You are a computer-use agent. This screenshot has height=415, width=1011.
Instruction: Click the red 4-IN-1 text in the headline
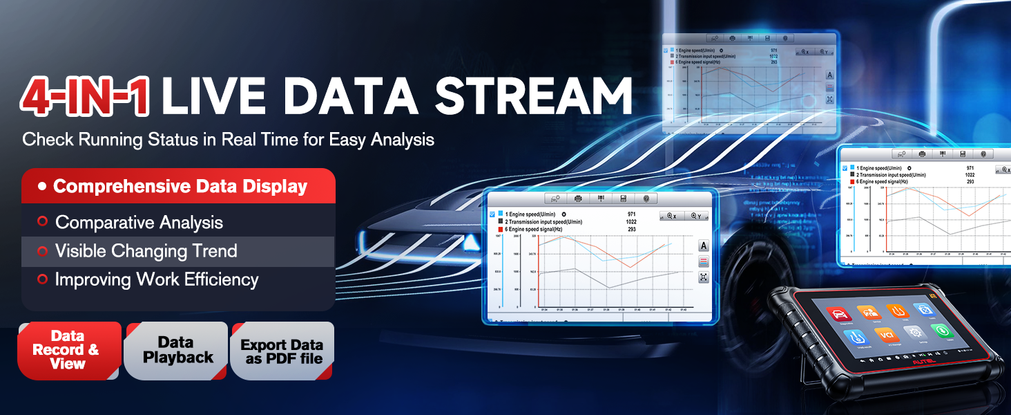84,96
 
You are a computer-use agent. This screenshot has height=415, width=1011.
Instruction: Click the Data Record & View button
68,350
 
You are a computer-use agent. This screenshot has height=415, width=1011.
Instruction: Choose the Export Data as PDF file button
282,351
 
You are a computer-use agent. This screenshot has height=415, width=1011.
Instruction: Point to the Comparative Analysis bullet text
139,222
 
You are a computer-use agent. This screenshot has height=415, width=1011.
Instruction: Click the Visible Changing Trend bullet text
146,251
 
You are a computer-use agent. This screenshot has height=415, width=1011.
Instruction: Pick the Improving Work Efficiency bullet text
157,279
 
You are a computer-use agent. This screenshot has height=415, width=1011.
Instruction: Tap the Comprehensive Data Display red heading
180,186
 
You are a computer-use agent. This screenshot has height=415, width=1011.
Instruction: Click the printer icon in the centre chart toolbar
579,199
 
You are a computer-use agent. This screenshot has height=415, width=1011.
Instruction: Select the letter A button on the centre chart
704,246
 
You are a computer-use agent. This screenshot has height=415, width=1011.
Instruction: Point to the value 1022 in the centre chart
630,221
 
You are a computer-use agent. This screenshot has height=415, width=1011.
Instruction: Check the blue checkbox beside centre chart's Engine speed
492,214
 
